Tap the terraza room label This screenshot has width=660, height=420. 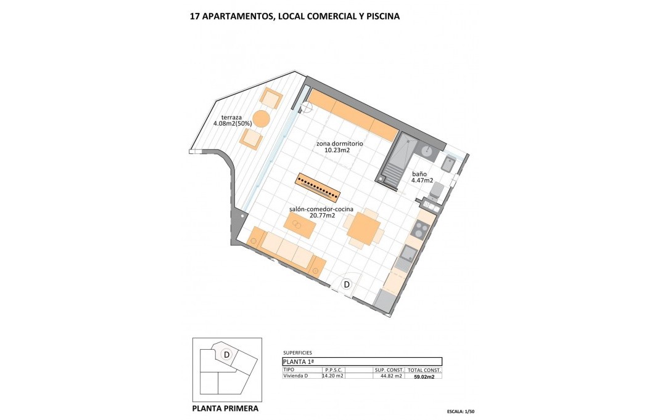231,117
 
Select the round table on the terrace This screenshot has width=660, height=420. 262,119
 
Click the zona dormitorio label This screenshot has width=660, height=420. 339,143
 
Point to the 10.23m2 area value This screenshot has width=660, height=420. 337,150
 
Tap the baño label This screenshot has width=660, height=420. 419,174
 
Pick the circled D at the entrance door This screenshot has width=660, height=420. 347,285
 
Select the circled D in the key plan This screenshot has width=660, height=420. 226,354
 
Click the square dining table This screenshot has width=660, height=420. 364,228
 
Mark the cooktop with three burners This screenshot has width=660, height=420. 420,230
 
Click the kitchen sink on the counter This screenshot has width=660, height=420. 408,253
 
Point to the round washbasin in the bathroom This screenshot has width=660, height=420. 427,149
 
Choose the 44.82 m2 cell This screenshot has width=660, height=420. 389,376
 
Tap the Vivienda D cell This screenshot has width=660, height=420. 295,376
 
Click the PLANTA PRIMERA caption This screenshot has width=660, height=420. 225,408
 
